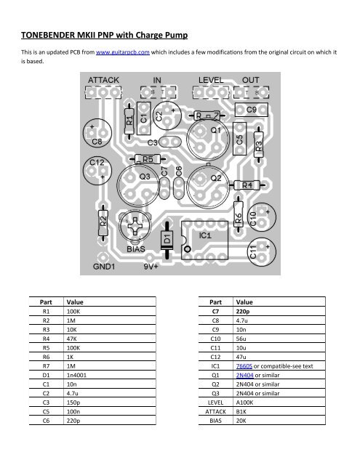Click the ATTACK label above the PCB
pyautogui.click(x=105, y=79)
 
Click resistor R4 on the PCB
pyautogui.click(x=245, y=185)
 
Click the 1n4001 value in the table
pyautogui.click(x=77, y=365)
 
